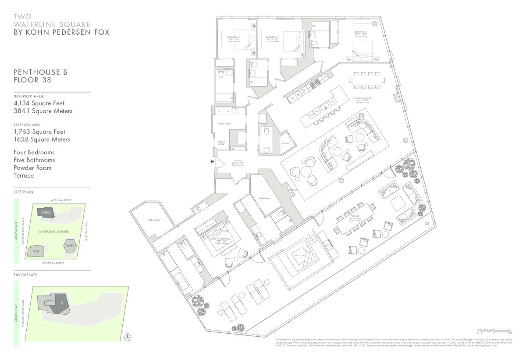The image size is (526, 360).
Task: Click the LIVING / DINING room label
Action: (364, 99)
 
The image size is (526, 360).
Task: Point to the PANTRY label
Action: (285, 143)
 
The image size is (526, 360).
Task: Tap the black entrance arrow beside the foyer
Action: (213, 162)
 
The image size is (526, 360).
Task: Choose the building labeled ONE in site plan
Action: (36, 251)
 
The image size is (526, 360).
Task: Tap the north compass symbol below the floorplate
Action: (127, 336)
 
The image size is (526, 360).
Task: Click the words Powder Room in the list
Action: (32, 168)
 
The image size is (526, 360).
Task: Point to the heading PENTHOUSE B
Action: (40, 72)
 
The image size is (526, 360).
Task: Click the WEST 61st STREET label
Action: (61, 200)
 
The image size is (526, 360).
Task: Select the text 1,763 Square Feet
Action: (39, 132)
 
